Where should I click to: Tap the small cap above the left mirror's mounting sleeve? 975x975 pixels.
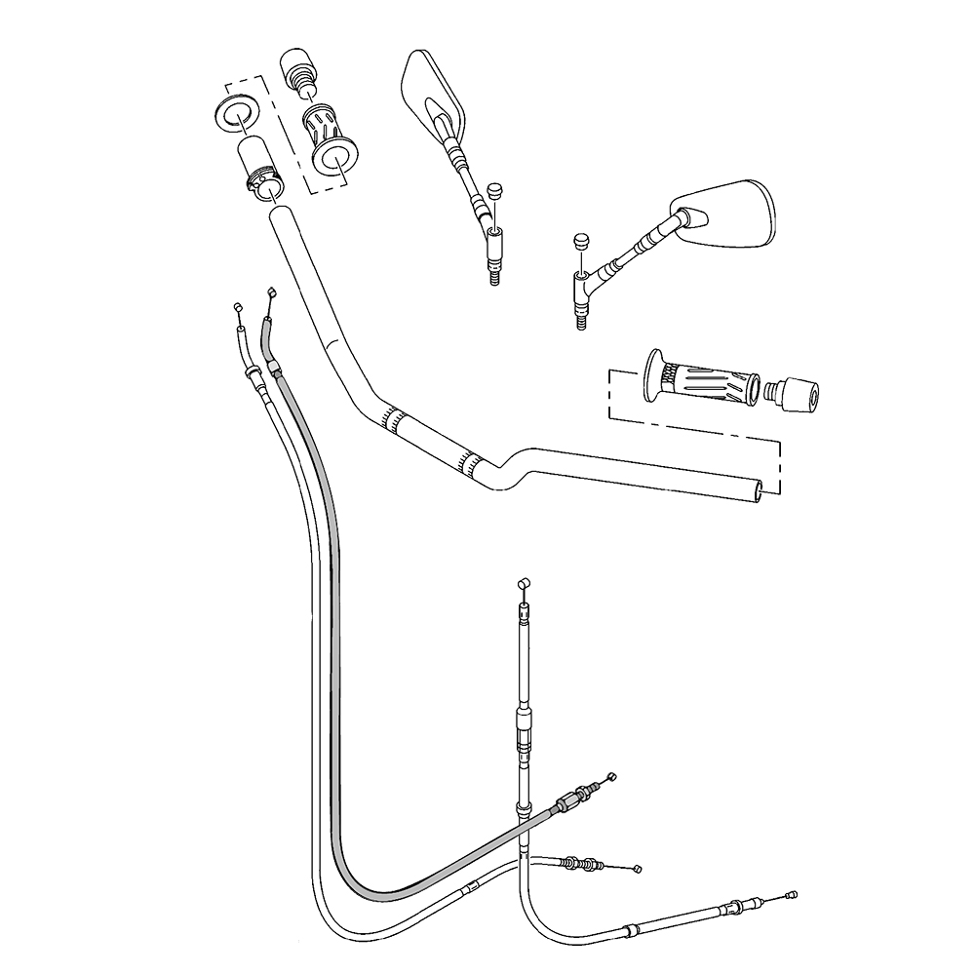point(494,189)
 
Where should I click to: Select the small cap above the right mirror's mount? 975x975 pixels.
point(581,241)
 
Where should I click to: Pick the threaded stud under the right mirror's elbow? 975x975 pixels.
point(582,318)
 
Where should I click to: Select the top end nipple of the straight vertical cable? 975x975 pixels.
point(523,582)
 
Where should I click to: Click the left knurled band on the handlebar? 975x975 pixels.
point(394,418)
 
